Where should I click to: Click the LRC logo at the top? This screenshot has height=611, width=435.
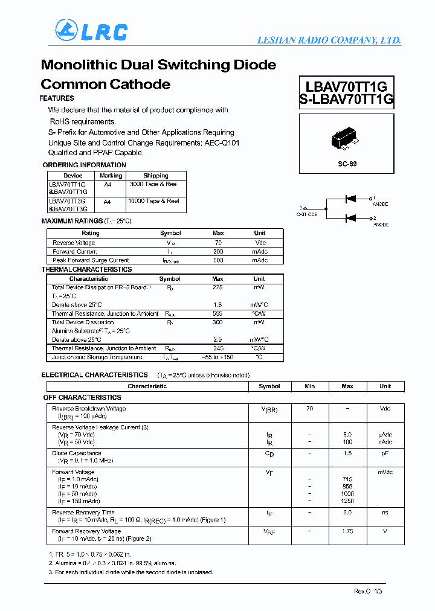91,30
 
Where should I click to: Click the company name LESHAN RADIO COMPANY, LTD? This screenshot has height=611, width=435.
329,40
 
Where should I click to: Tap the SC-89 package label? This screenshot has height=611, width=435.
347,164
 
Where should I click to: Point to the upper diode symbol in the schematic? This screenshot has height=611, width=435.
350,198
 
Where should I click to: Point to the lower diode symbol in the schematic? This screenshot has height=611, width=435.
350,218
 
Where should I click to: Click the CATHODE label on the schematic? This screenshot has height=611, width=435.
306,214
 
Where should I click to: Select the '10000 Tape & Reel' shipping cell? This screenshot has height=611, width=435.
153,201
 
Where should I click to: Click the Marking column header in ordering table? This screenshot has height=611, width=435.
111,176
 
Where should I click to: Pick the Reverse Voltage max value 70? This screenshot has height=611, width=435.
218,243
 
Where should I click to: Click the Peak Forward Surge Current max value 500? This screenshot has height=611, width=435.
218,260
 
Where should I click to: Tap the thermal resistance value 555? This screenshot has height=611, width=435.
218,314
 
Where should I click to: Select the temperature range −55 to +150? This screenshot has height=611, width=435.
218,357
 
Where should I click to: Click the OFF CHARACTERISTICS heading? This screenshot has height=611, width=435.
82,398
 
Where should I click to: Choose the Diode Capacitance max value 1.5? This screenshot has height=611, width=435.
347,453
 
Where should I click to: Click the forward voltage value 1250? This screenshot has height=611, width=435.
347,501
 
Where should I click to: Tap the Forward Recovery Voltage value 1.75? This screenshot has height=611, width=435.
347,531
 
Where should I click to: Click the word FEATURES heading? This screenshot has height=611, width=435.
57,98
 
